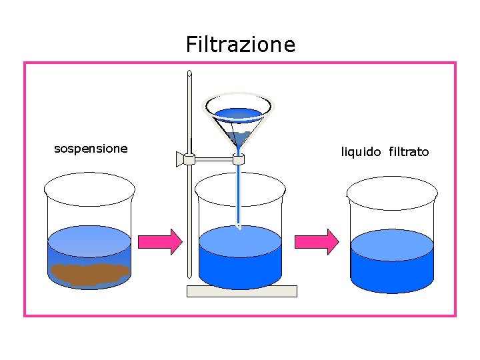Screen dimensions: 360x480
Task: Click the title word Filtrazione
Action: click(x=240, y=45)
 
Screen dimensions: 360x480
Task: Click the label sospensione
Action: click(x=91, y=148)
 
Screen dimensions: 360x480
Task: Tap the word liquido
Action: click(x=361, y=152)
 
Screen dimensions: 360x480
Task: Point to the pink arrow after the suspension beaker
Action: click(x=159, y=241)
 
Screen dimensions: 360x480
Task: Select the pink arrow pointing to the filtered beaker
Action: click(x=317, y=241)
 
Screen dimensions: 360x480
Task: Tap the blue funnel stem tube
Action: click(x=239, y=193)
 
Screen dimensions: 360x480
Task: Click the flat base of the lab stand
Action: click(x=241, y=291)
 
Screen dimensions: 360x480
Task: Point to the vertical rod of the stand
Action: click(x=190, y=220)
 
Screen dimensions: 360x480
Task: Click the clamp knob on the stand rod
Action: click(x=180, y=159)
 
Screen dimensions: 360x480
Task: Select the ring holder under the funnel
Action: click(x=239, y=159)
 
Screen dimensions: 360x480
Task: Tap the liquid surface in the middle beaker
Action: click(x=241, y=241)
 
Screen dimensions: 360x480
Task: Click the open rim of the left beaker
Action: click(x=89, y=187)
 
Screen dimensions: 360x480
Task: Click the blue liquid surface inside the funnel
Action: click(x=239, y=113)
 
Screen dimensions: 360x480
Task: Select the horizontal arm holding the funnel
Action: click(x=213, y=159)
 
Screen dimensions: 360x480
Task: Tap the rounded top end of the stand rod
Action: click(x=190, y=74)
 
